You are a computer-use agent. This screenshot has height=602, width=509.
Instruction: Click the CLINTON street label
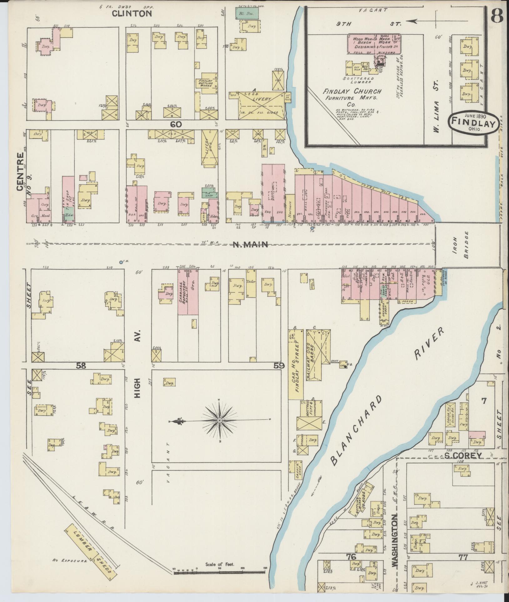click(132, 13)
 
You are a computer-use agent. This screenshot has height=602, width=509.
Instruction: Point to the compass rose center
click(220, 421)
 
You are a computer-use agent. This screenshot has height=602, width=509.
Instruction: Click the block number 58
click(81, 366)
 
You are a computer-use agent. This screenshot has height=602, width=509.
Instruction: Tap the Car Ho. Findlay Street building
click(295, 364)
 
